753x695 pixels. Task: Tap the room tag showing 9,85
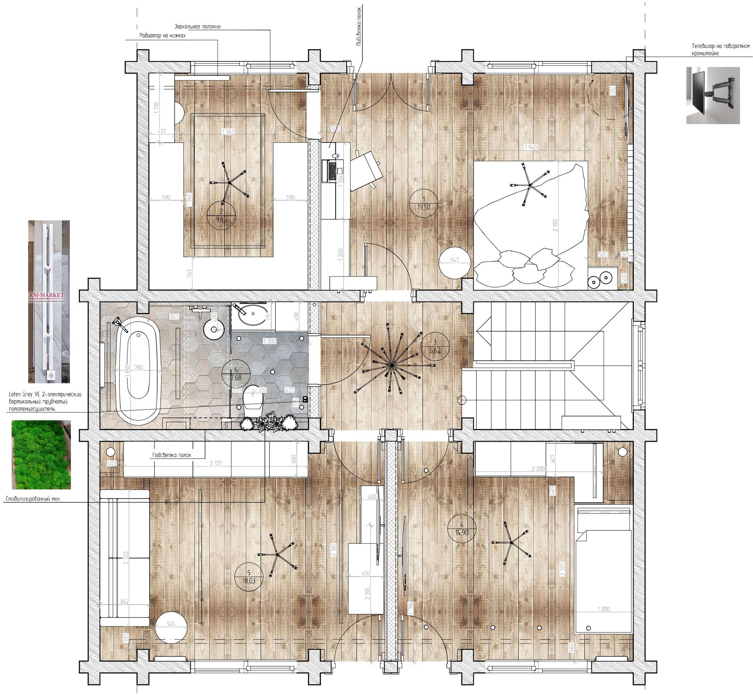221,216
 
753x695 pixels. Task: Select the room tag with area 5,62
435,346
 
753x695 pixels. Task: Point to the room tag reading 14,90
462,529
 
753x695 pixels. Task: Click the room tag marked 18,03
249,577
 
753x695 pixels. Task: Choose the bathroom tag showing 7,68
236,374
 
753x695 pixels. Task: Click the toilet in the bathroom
253,400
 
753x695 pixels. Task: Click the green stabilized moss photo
41,455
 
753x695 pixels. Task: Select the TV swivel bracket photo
713,96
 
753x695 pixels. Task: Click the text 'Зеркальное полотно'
198,27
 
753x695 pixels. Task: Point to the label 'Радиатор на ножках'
162,36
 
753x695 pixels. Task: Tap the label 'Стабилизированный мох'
33,499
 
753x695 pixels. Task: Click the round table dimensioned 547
454,263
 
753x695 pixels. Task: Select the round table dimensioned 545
171,626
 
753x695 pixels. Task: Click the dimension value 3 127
215,463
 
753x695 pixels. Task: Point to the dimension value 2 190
555,225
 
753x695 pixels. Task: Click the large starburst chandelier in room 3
391,365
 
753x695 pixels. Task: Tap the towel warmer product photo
49,301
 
